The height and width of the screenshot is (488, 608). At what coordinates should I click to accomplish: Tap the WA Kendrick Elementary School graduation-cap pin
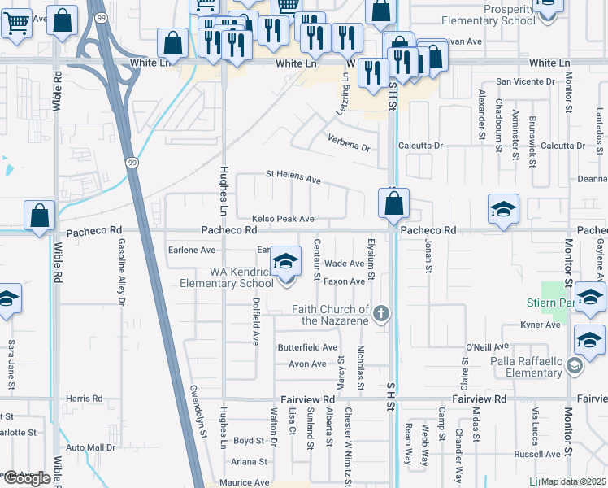284,262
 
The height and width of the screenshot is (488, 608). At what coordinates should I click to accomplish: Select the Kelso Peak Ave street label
283,219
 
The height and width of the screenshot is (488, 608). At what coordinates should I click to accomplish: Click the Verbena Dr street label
349,148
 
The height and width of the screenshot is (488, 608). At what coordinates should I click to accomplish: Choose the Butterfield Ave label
307,347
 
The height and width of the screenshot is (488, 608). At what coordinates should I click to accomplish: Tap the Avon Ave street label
307,364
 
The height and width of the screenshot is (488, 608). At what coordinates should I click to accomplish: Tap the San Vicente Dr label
525,81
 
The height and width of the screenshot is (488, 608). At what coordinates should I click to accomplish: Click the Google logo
26,478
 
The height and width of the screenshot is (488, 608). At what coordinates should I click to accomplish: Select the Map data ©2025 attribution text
572,481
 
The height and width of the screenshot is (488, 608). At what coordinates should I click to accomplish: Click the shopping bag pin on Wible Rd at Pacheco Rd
39,217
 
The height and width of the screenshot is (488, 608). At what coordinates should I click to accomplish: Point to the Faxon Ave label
345,281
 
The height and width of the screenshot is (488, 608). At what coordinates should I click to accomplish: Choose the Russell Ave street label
540,454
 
